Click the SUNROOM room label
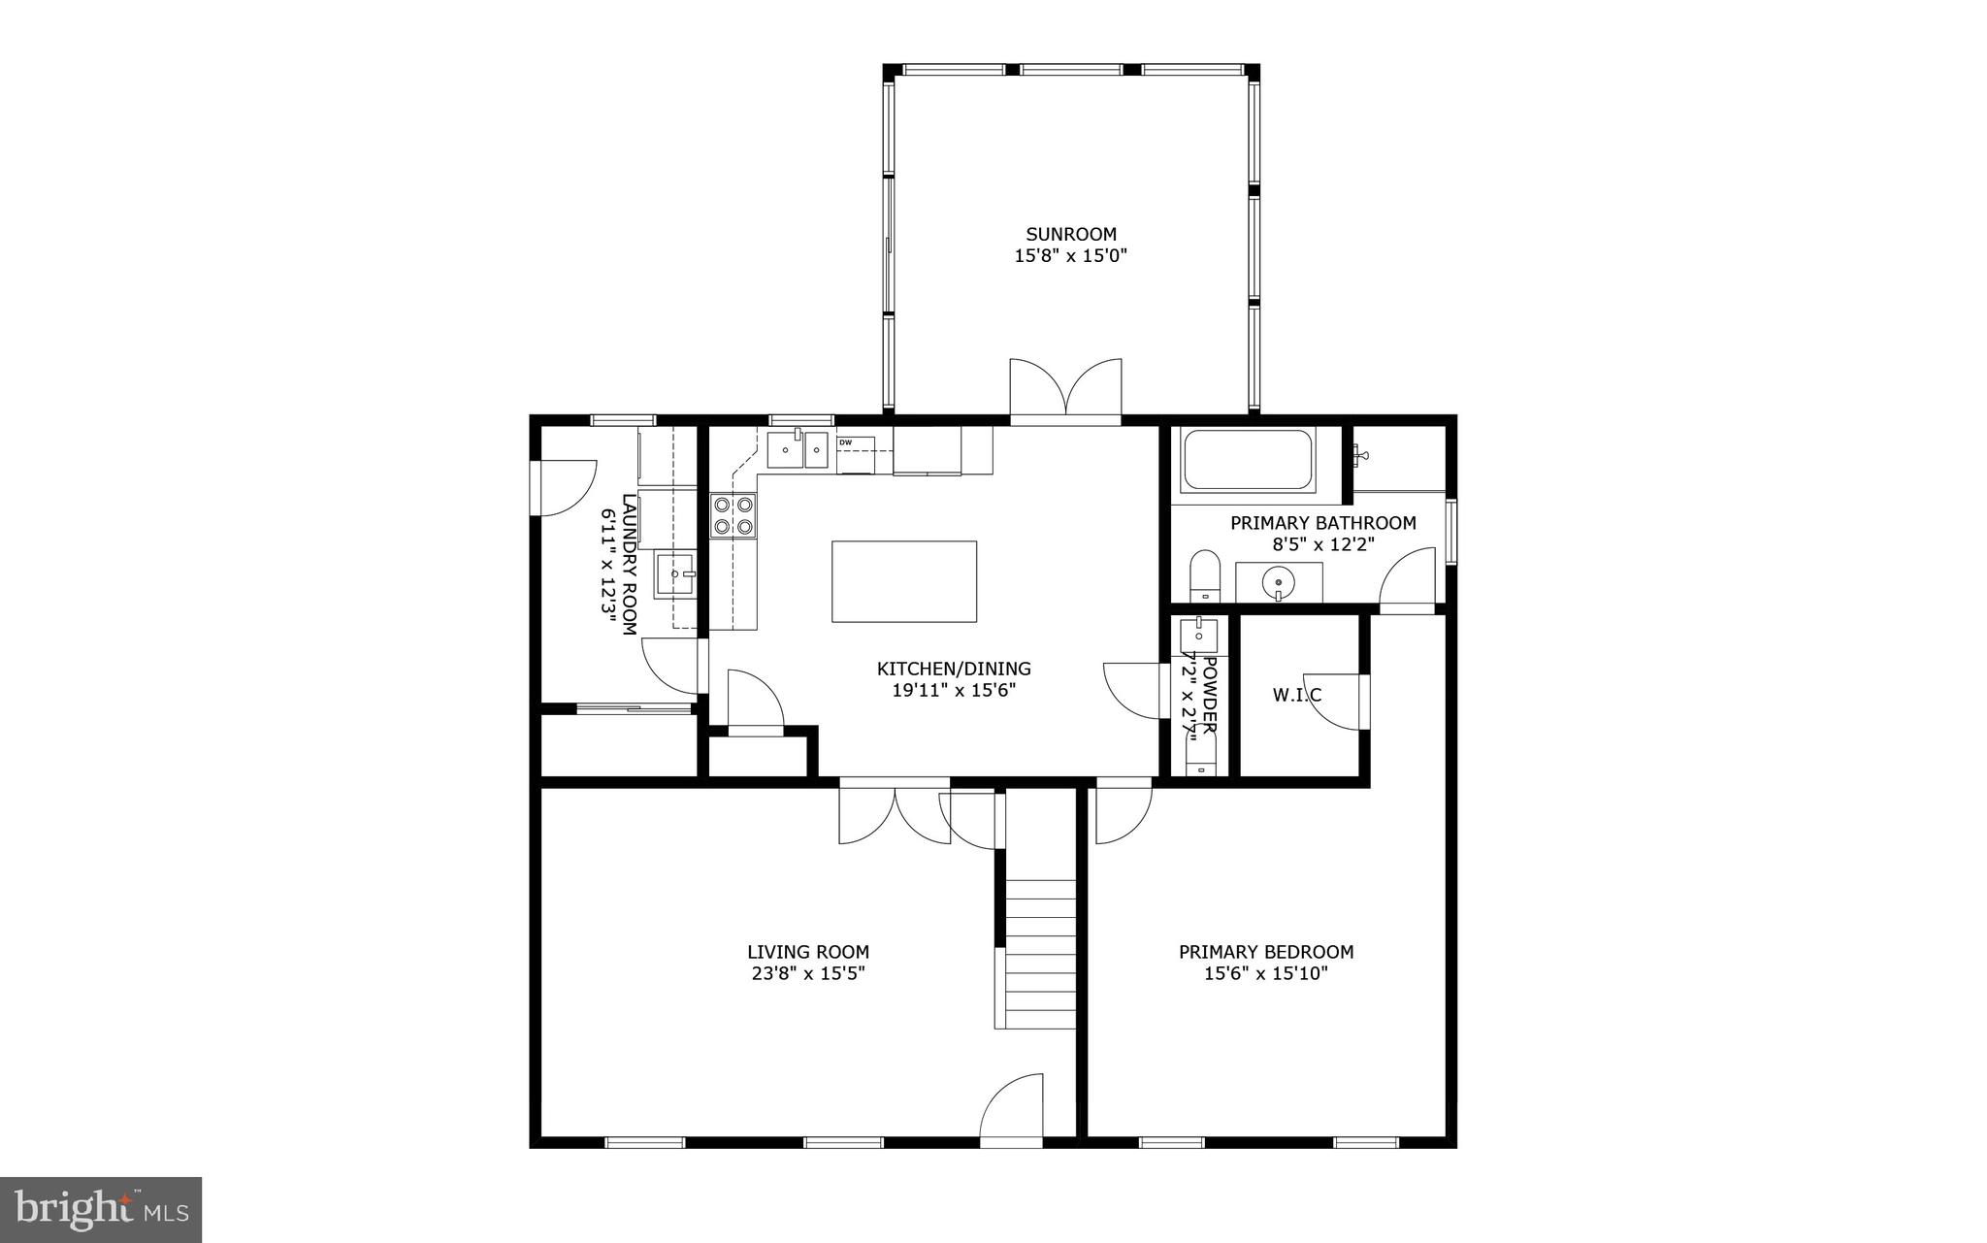(1071, 234)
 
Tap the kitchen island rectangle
(903, 581)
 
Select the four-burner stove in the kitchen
(733, 515)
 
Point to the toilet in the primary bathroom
(1204, 574)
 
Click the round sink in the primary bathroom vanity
(1279, 583)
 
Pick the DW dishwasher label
(845, 442)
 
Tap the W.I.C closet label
(1296, 695)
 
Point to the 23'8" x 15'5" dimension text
(807, 973)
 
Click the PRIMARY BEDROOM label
(1265, 952)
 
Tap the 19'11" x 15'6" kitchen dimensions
(953, 691)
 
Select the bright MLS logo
(101, 1208)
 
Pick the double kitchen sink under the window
(798, 450)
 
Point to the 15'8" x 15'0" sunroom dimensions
(1071, 256)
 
